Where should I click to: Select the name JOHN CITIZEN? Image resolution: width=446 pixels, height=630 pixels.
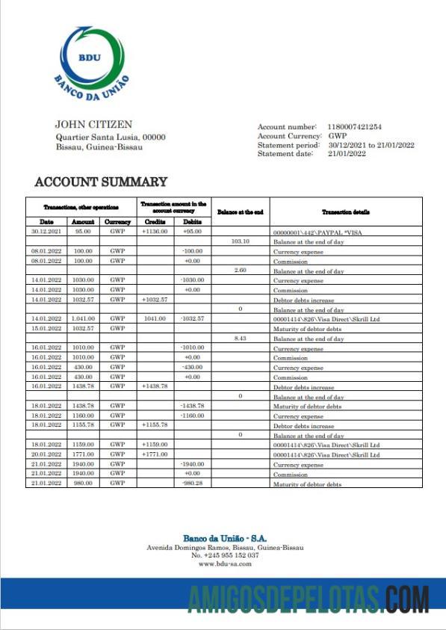click(93, 124)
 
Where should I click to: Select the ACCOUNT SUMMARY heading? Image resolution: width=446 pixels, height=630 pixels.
click(101, 182)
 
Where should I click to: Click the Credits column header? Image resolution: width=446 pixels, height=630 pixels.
click(155, 222)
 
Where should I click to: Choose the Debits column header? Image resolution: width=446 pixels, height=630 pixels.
click(192, 222)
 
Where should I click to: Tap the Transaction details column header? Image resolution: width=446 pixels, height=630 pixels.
click(345, 212)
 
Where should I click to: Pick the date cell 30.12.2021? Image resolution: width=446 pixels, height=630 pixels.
click(46, 232)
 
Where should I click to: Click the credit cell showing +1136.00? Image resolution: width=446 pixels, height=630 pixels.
click(155, 232)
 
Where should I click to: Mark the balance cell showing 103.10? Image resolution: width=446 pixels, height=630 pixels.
click(240, 242)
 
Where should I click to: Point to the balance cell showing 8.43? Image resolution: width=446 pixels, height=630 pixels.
click(240, 339)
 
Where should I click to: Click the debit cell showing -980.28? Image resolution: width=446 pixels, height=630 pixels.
click(192, 484)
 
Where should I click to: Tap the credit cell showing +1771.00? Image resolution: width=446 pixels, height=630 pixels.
click(155, 454)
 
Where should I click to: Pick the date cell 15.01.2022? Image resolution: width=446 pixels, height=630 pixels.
click(46, 329)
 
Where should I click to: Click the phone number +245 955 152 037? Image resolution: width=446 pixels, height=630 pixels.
click(225, 555)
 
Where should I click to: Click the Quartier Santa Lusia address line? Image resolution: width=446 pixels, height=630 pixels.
click(111, 138)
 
